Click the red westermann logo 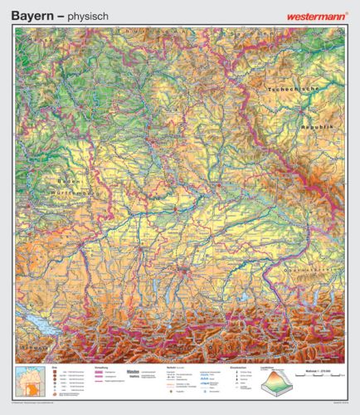click(x=317, y=14)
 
